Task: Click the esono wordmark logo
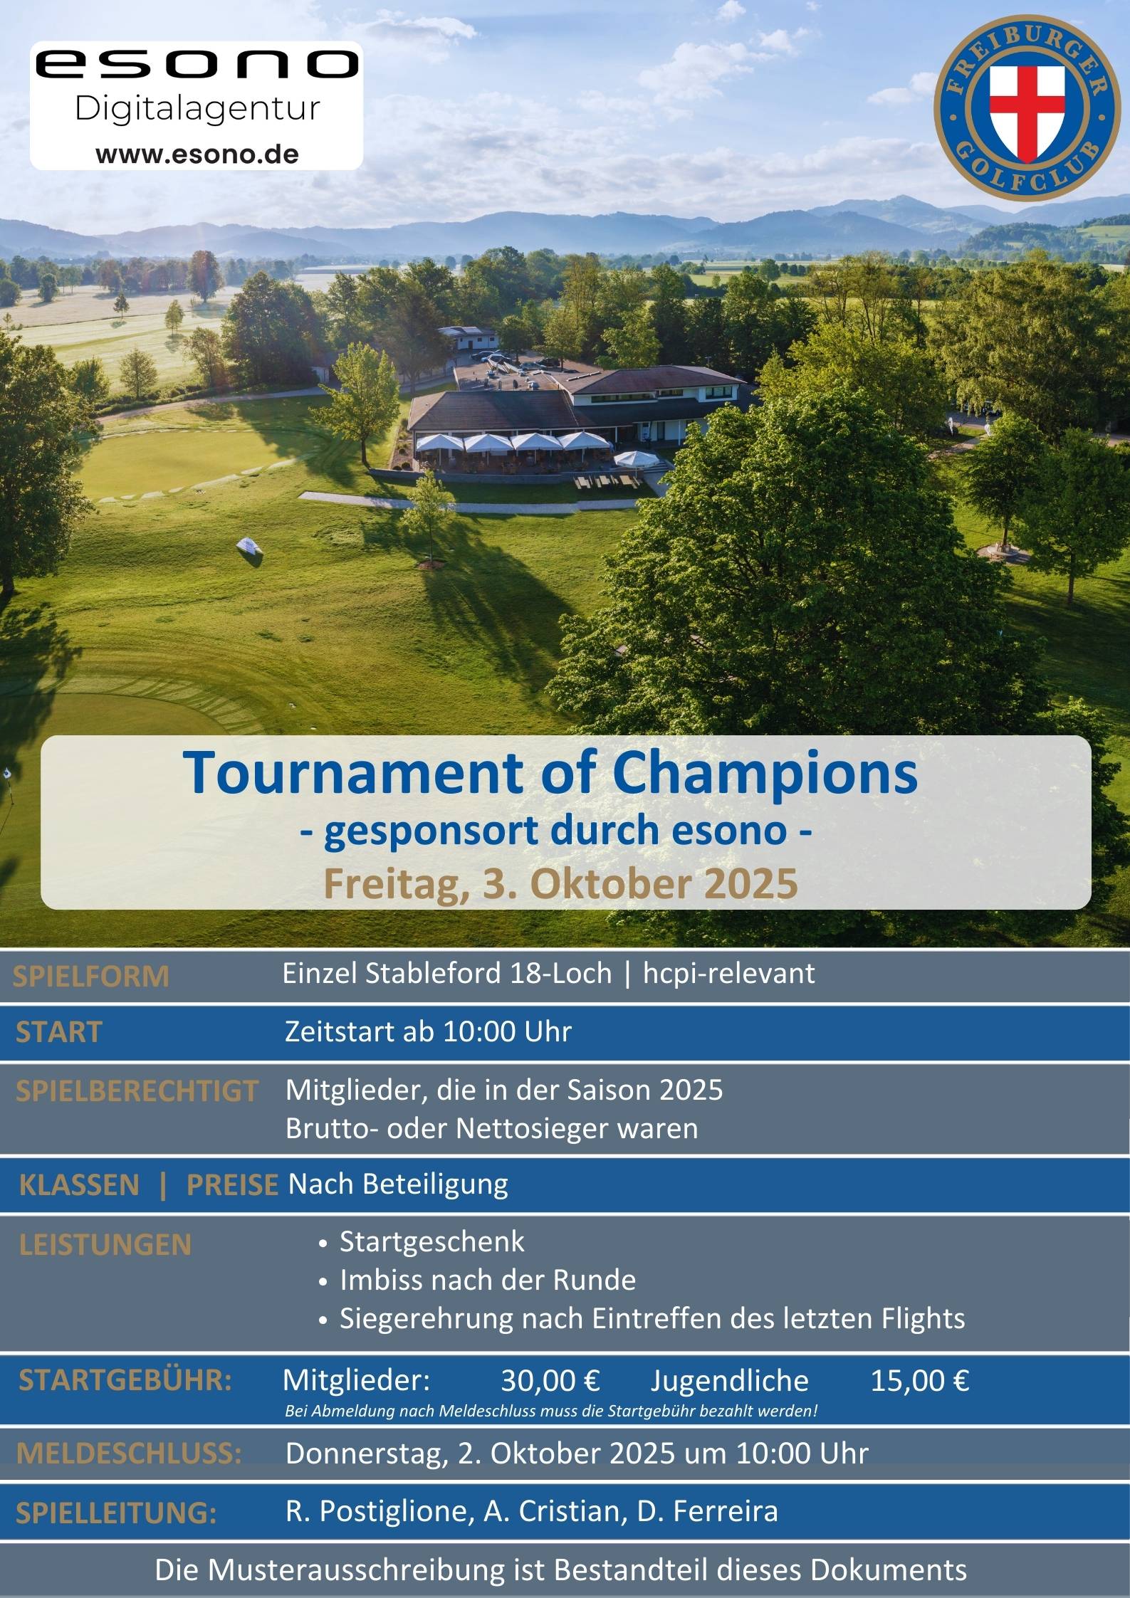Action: click(x=197, y=64)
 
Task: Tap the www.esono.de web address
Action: click(x=197, y=154)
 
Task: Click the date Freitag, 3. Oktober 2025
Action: click(x=560, y=883)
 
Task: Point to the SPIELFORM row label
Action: click(x=91, y=977)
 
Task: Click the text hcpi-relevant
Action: click(x=728, y=973)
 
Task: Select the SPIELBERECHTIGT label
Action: click(x=136, y=1091)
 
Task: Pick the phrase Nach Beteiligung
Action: click(x=398, y=1184)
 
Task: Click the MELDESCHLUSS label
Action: click(x=129, y=1454)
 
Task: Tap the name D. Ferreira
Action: click(x=707, y=1511)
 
